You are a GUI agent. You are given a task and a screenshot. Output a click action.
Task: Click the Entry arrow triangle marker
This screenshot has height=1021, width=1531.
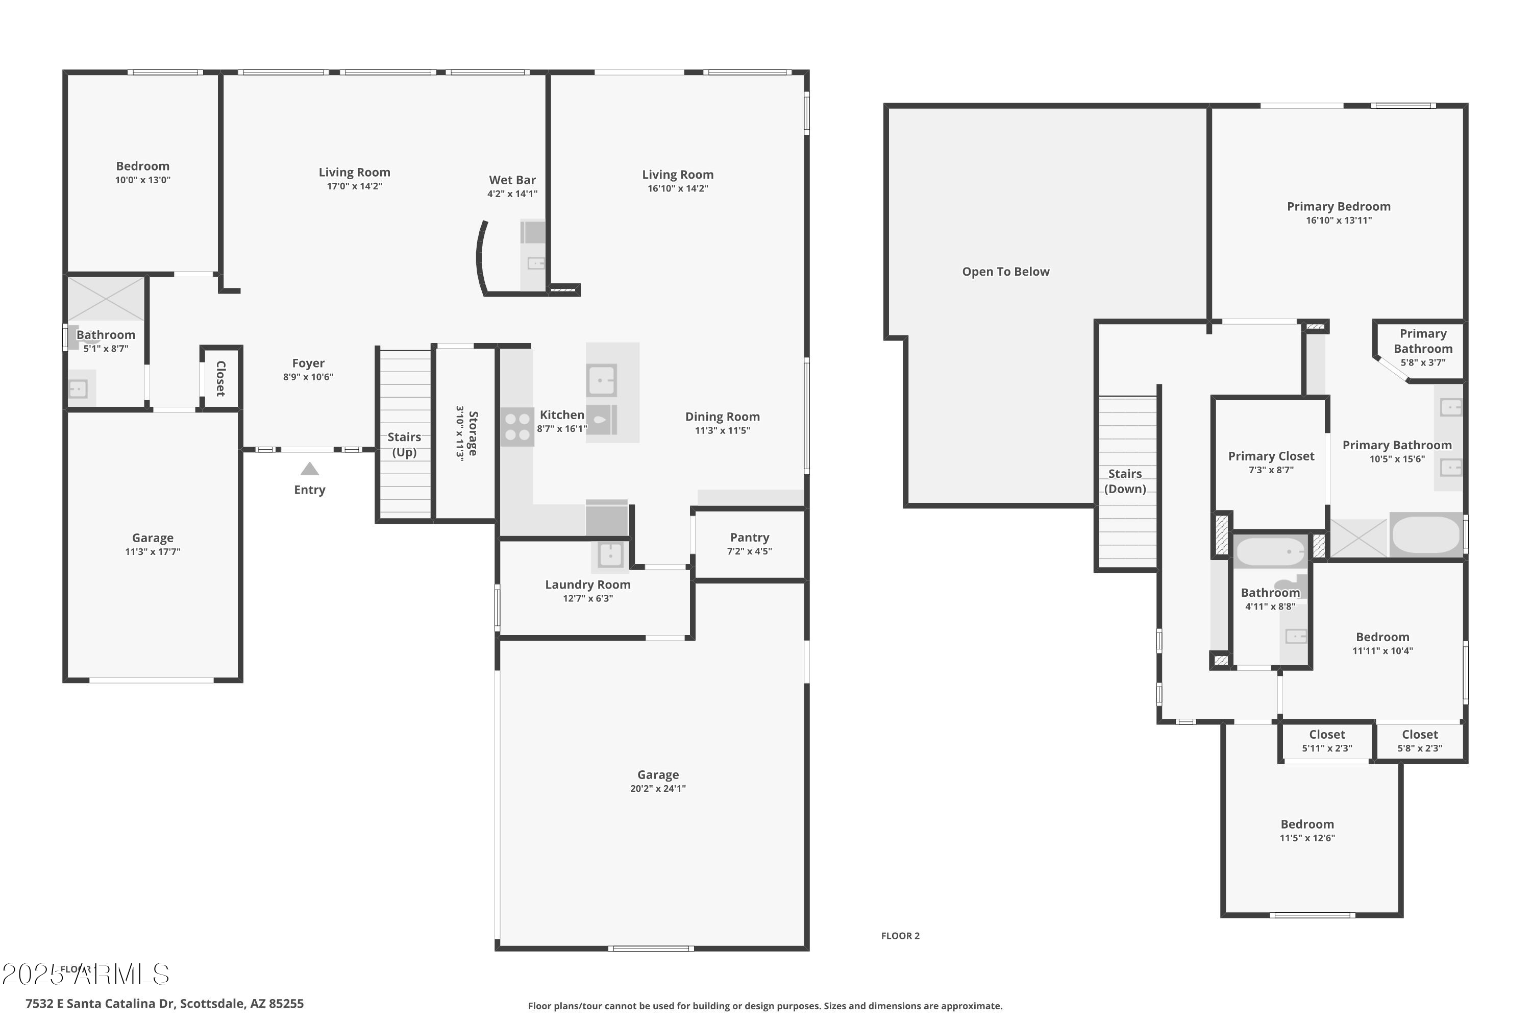[x=309, y=469]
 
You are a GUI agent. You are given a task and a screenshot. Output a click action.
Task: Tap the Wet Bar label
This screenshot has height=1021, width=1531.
[x=512, y=180]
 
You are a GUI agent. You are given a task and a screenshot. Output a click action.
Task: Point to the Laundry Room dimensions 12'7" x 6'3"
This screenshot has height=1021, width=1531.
[x=588, y=599]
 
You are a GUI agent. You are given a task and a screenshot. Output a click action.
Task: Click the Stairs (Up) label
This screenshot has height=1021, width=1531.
[x=404, y=445]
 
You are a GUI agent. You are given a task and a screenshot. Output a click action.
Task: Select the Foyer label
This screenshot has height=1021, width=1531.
[x=308, y=363]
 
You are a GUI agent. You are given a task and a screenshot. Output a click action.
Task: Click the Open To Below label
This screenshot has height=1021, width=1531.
[x=1006, y=272]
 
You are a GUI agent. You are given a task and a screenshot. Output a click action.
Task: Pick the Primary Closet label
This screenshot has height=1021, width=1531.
[x=1271, y=456]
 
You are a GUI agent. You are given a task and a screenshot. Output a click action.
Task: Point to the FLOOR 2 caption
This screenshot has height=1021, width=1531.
[x=900, y=936]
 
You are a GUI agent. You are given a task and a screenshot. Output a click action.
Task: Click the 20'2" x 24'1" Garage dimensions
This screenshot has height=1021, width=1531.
[x=657, y=789]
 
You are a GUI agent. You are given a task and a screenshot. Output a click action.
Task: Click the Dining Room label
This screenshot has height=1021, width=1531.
[x=722, y=417]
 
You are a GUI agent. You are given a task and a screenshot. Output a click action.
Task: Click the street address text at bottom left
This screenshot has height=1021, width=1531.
[x=165, y=1004]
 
